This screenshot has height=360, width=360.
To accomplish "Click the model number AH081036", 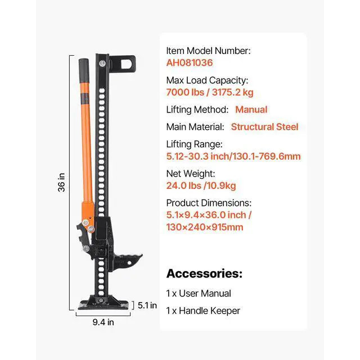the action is pyautogui.click(x=189, y=64).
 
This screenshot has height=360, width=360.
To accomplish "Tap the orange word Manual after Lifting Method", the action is pyautogui.click(x=251, y=110).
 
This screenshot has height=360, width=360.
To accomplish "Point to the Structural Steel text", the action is pyautogui.click(x=264, y=127).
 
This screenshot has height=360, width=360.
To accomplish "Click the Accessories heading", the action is pyautogui.click(x=204, y=274).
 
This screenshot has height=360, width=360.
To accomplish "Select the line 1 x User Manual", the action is pyautogui.click(x=198, y=293).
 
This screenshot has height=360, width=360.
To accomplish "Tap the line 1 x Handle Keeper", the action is pyautogui.click(x=202, y=310).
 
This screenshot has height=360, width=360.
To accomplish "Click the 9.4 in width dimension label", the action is pyautogui.click(x=103, y=322).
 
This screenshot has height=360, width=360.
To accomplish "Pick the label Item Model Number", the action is pyautogui.click(x=208, y=51).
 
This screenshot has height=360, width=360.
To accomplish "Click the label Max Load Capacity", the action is pyautogui.click(x=207, y=80).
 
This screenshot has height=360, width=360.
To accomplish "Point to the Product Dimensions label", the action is pyautogui.click(x=209, y=203).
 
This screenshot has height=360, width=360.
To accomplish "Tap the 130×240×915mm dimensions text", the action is pyautogui.click(x=205, y=227).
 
